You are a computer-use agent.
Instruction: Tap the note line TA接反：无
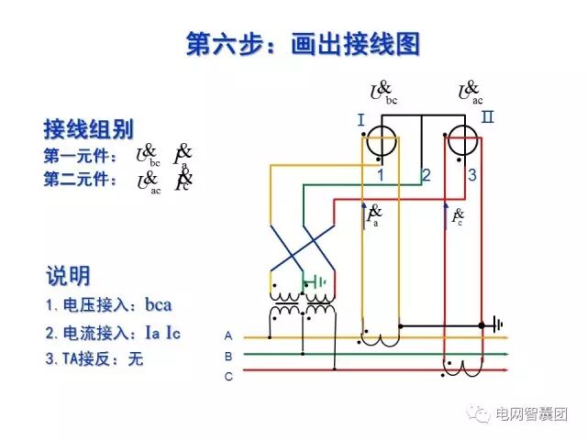[94, 359]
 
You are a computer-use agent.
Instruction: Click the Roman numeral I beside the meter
[361, 120]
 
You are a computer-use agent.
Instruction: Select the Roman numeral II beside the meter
[487, 117]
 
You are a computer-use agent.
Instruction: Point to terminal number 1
[380, 174]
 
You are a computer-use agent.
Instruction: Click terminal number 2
[426, 174]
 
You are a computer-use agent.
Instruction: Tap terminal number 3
[471, 174]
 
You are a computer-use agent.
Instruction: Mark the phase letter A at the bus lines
[228, 335]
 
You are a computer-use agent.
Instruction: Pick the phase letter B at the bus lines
[228, 356]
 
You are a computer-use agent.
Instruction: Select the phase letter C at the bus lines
[228, 376]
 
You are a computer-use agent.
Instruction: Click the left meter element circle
[381, 144]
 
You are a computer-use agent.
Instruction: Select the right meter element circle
[463, 144]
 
